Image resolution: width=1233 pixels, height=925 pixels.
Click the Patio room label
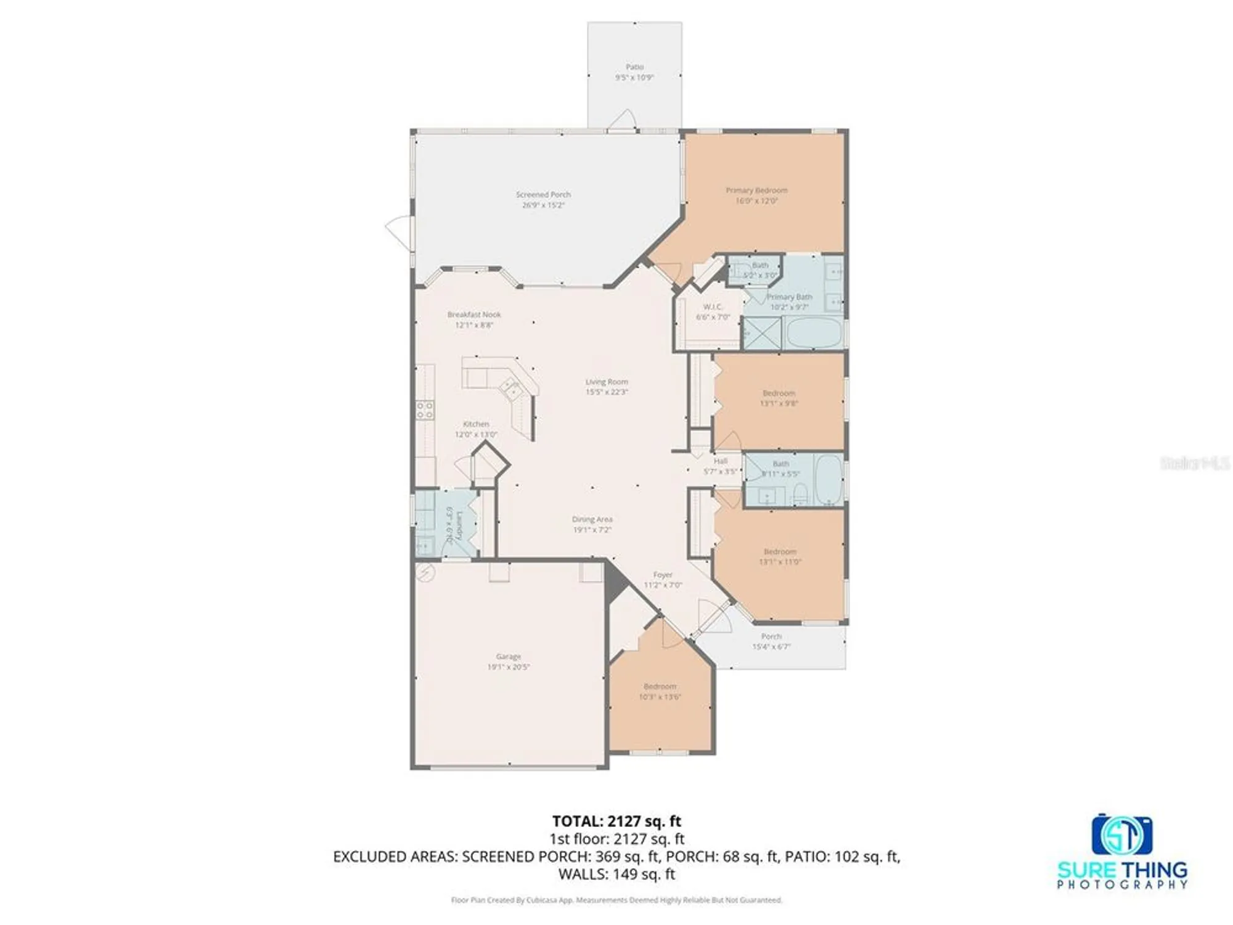[x=634, y=67]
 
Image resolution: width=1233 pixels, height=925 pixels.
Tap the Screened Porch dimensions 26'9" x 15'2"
[x=543, y=205]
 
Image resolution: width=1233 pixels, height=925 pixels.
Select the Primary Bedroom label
[x=756, y=191]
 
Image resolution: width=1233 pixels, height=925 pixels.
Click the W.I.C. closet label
[x=713, y=306]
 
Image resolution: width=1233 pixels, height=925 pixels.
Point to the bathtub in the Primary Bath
[x=814, y=334]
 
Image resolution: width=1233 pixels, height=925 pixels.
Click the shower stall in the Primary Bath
[x=762, y=334]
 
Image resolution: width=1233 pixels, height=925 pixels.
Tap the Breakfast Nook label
[x=474, y=314]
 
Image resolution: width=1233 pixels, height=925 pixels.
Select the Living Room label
[x=607, y=382]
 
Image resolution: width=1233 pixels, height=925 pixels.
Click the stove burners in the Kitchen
[x=425, y=410]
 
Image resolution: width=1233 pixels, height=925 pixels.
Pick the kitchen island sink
[x=511, y=388]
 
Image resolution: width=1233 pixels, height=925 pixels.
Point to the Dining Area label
[x=592, y=519]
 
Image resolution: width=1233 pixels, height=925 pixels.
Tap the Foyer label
[x=663, y=574]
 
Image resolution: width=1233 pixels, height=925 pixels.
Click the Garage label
[x=509, y=656]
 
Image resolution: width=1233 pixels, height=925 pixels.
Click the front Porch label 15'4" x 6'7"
[x=771, y=641]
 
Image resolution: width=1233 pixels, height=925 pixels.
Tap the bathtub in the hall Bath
[x=829, y=480]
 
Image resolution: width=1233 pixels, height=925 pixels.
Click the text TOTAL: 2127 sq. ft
[x=616, y=821]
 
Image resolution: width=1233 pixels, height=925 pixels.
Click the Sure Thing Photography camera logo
[x=1121, y=834]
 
